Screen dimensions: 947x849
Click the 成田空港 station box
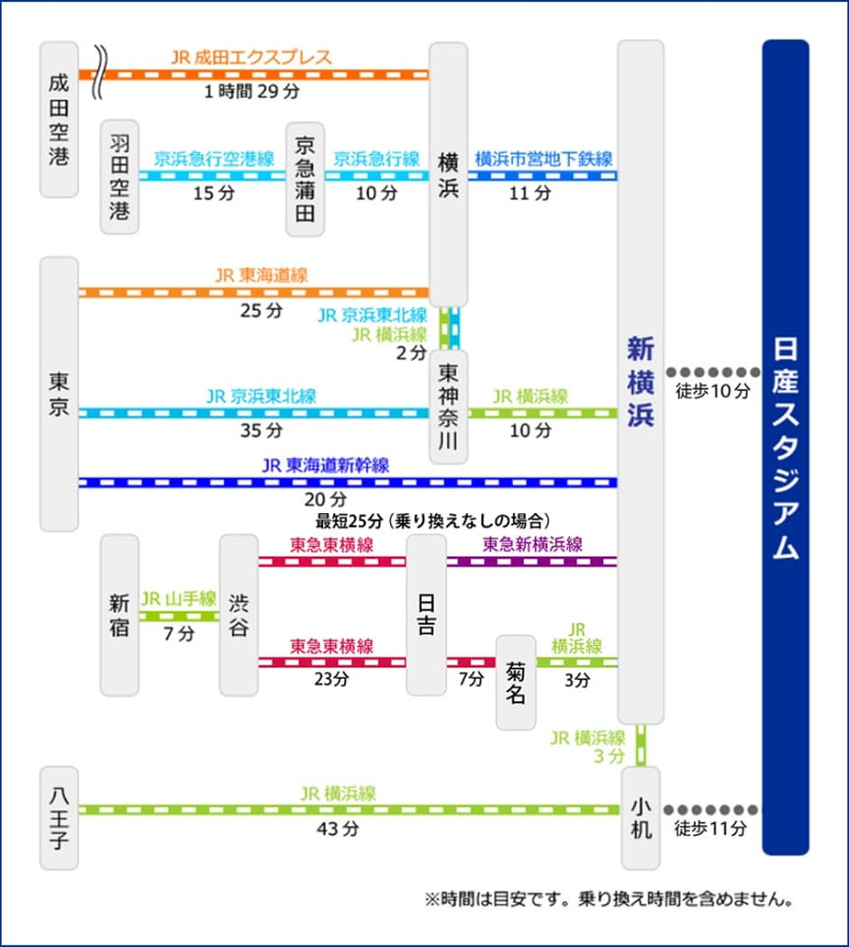59,119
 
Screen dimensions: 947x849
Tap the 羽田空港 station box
119,176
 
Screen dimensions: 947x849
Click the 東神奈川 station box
448,407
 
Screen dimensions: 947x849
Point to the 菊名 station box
516,682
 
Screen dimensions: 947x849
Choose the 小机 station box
641,818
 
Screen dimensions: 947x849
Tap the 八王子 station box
59,818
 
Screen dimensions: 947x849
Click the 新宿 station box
119,615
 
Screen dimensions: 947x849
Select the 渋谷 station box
238,615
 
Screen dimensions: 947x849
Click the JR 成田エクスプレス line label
251,57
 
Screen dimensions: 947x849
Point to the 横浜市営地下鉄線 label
543,159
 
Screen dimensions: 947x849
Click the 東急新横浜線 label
532,545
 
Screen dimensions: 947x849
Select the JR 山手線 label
179,599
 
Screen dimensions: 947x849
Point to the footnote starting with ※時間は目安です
607,899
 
